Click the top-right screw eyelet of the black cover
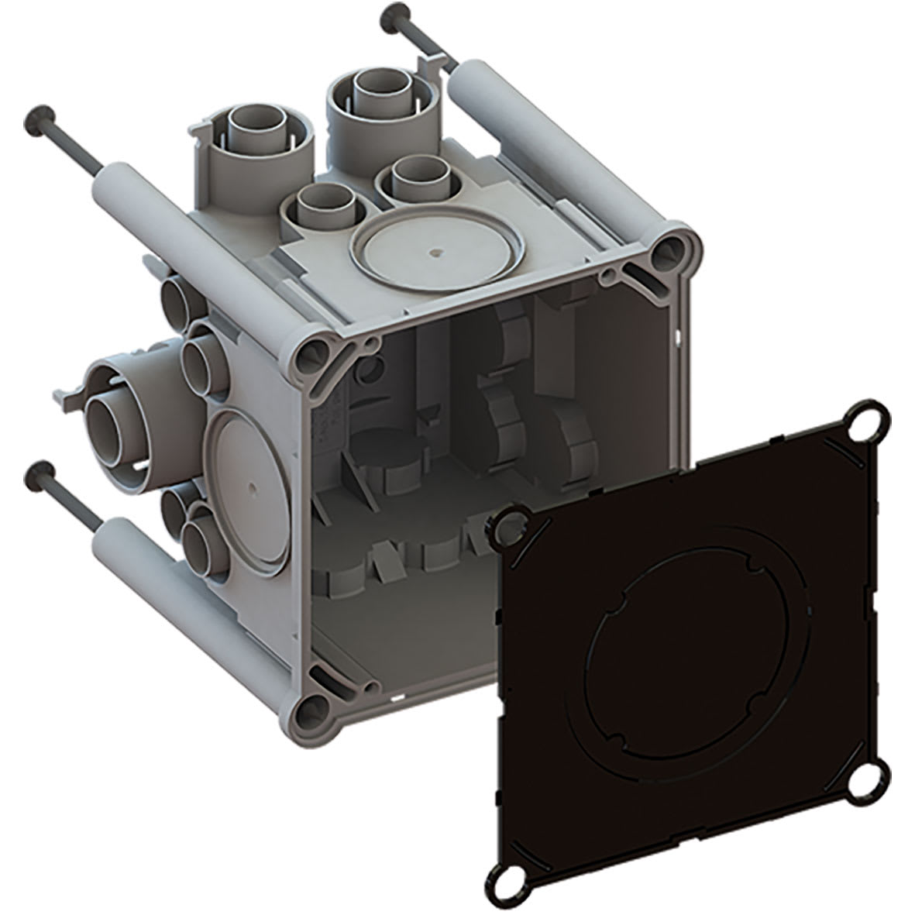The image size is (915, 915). coord(867,423)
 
